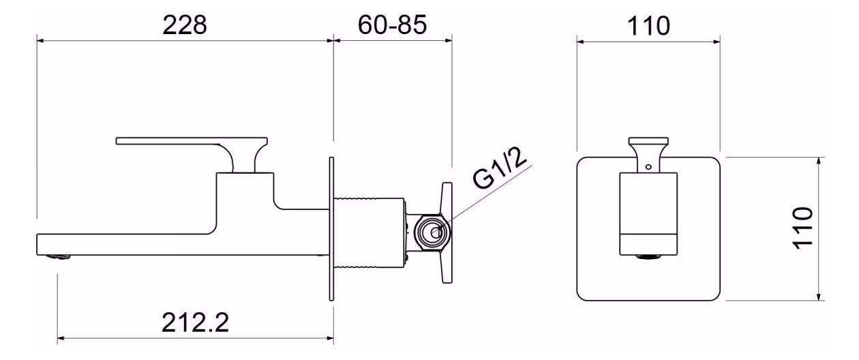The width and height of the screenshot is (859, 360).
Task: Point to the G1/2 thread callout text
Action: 501,171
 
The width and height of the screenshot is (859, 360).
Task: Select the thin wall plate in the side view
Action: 331,228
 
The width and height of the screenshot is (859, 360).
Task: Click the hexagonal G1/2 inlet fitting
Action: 431,232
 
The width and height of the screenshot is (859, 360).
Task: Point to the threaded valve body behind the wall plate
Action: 368,228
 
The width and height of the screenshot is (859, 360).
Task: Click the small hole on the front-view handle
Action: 648,165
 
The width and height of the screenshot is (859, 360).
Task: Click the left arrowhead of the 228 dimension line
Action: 40,41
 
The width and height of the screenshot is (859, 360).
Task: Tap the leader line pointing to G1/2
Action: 477,198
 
